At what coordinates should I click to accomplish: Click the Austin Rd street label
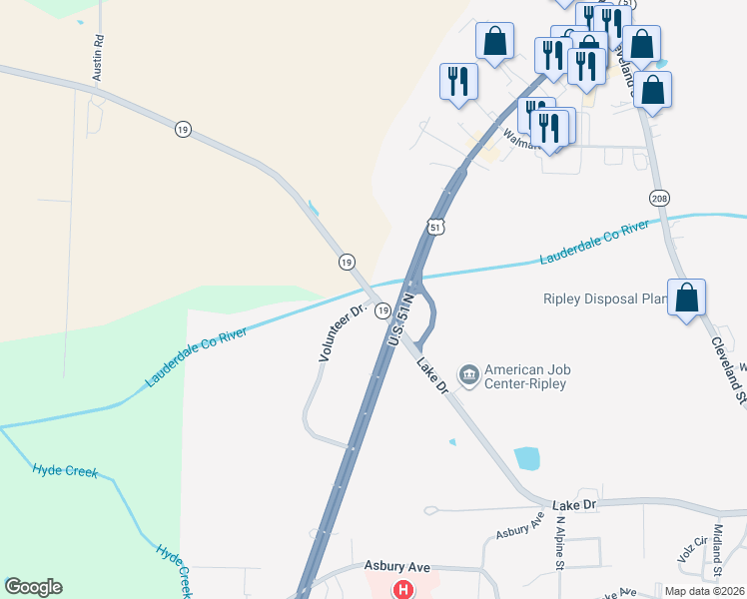pyautogui.click(x=99, y=58)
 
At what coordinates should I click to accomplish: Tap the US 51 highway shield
pyautogui.click(x=435, y=227)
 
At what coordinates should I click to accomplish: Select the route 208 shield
pyautogui.click(x=658, y=199)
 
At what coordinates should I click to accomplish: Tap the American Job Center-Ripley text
pyautogui.click(x=526, y=375)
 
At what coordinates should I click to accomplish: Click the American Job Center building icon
pyautogui.click(x=467, y=375)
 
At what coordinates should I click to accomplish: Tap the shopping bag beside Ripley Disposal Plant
pyautogui.click(x=686, y=298)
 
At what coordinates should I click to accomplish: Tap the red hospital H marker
pyautogui.click(x=403, y=590)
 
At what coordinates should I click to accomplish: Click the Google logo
pyautogui.click(x=33, y=587)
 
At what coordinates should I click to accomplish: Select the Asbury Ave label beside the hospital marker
pyautogui.click(x=396, y=566)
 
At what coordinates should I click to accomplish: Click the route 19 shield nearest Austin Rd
pyautogui.click(x=181, y=129)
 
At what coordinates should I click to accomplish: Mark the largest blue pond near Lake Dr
pyautogui.click(x=526, y=458)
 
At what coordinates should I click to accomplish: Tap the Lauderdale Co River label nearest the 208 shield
pyautogui.click(x=594, y=243)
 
